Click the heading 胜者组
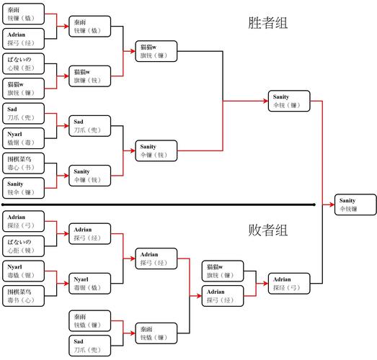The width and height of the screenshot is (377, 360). [267, 23]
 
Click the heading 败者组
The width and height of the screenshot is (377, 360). [267, 231]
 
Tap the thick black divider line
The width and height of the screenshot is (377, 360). [159, 204]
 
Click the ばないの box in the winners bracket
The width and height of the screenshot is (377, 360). [24, 63]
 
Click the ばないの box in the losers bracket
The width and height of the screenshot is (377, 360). [24, 246]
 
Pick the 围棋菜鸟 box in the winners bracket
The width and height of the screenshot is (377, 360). [24, 162]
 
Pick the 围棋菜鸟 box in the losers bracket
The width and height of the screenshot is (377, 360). [24, 296]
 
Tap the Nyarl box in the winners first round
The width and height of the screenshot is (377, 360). [24, 138]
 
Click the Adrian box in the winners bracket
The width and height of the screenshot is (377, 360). [24, 38]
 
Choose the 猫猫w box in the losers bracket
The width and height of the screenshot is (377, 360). [222, 271]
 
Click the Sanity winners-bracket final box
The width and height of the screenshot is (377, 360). [290, 101]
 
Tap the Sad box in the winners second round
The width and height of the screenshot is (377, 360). [89, 126]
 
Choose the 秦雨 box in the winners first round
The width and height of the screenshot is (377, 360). [24, 14]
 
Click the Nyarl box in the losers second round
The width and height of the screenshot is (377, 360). [89, 282]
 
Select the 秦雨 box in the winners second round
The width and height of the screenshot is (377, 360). [89, 27]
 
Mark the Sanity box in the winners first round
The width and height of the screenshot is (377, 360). [24, 187]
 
